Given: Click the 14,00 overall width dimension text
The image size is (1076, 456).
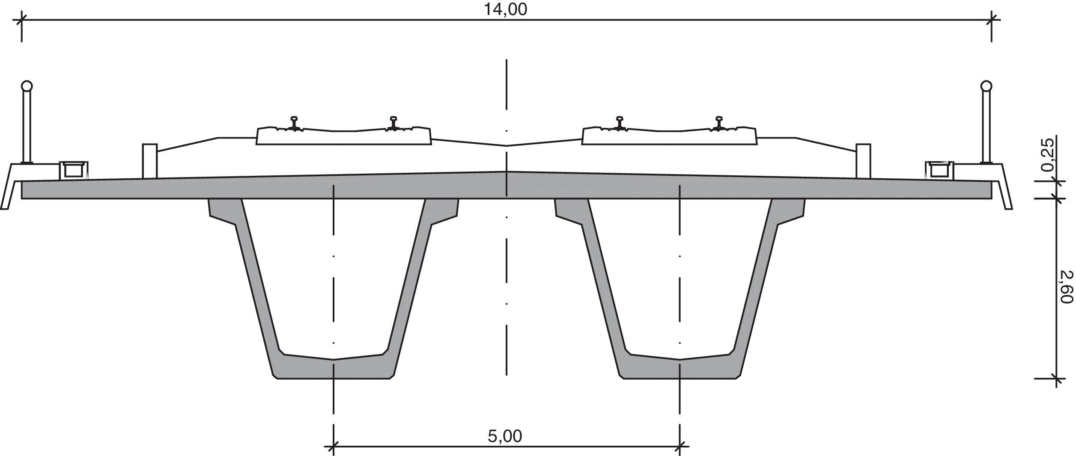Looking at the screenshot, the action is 505,9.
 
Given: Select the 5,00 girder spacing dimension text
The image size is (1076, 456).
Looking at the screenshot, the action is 505,436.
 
